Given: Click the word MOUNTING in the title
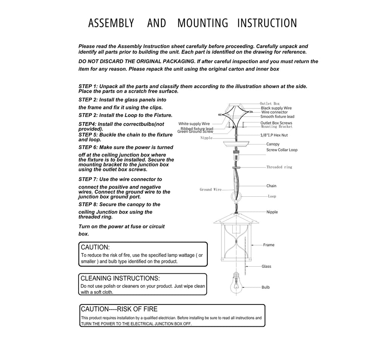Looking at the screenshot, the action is pos(203,23).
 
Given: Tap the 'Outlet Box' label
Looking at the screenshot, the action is pos(269,104).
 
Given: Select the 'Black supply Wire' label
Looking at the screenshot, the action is pos(276,108).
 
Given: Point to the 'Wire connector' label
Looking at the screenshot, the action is pos(274,112).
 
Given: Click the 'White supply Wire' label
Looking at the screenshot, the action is pos(194,124).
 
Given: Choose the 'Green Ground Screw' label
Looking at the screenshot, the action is pos(195,132).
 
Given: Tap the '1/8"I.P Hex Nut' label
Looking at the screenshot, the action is pos(274,135).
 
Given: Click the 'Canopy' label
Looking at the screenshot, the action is pos(273,144).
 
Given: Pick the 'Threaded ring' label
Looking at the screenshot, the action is pos(279,167).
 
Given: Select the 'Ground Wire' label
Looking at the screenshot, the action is pos(211,189).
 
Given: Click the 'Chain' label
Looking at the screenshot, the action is pos(271,186).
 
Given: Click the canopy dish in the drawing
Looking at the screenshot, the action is pos(236,144).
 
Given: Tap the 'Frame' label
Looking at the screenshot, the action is pos(269,245).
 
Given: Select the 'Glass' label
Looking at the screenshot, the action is pos(266,267).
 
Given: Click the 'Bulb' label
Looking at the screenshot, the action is pos(266,287).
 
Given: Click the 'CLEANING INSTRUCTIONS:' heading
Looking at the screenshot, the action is pos(120,278).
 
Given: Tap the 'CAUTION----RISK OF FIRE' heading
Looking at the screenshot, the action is pos(119,309).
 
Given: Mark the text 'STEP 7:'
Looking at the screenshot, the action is pos(88,180).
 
